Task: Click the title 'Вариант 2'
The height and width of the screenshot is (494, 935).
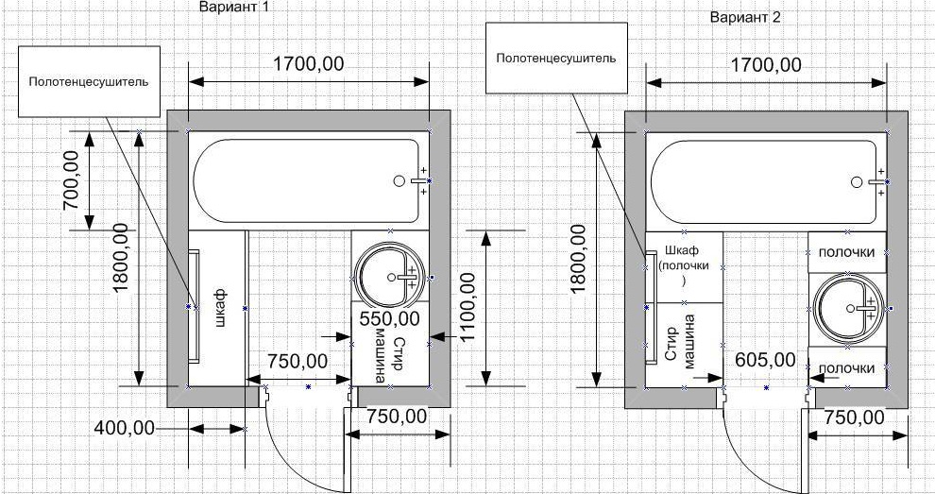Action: [747, 17]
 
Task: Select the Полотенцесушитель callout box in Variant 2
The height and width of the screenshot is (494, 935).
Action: [557, 59]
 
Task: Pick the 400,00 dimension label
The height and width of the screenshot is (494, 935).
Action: [124, 428]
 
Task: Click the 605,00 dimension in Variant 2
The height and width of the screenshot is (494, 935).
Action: [764, 359]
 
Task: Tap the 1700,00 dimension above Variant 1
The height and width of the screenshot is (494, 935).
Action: [309, 64]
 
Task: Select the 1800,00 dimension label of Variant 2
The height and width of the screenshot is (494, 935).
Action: [578, 261]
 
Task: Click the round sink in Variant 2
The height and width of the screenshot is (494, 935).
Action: [848, 309]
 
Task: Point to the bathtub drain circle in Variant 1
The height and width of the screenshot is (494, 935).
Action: [398, 179]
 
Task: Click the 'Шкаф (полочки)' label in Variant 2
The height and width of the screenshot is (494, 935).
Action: [684, 264]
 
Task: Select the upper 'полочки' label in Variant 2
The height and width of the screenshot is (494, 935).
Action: [845, 252]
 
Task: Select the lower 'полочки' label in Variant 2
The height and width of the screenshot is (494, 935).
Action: [845, 367]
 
